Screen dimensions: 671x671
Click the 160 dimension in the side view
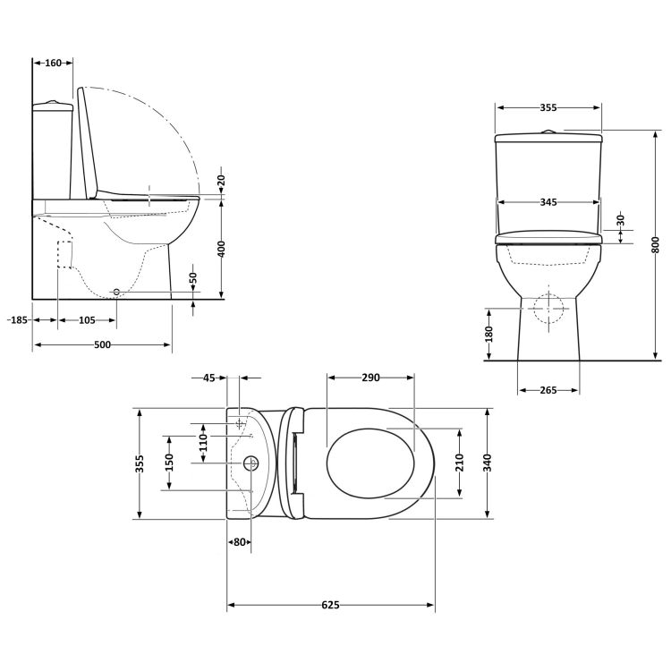[53, 63]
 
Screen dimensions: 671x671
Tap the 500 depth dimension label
[102, 345]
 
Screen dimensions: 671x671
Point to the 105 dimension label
[87, 319]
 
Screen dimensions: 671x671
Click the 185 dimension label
[17, 319]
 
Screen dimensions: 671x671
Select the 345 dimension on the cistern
[548, 202]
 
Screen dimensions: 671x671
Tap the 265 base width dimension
[548, 390]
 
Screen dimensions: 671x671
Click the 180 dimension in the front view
[488, 334]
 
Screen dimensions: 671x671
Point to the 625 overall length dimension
[330, 606]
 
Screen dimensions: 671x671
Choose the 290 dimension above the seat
[370, 378]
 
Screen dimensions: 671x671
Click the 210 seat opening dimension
[460, 462]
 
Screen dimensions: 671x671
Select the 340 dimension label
[488, 463]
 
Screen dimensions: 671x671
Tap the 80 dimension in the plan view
[239, 542]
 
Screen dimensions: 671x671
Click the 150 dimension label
[169, 462]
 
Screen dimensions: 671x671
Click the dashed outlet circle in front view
[548, 309]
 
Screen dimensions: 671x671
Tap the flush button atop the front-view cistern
[548, 132]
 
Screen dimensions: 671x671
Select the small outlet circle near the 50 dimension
[116, 293]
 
